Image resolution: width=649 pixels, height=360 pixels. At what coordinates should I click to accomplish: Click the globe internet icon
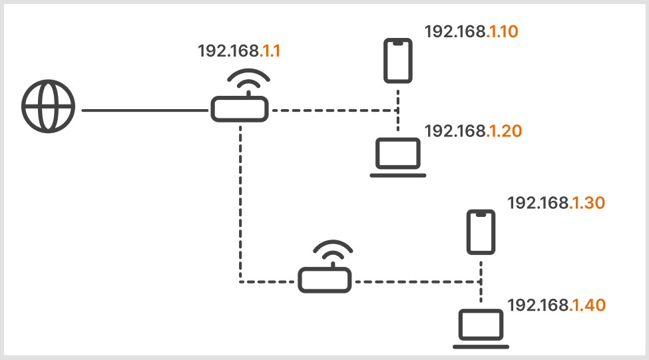click(49, 107)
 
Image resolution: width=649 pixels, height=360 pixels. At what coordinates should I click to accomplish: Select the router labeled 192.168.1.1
click(240, 108)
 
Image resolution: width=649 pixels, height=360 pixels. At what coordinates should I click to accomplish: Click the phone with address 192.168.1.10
click(397, 61)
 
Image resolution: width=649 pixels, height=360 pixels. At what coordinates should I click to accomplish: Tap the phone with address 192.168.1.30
click(481, 232)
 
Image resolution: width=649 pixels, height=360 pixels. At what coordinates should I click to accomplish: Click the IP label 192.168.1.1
click(239, 52)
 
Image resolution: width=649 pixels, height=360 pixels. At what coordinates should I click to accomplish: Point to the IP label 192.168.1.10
click(471, 31)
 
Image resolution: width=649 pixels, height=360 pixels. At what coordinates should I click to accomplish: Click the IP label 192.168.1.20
click(473, 131)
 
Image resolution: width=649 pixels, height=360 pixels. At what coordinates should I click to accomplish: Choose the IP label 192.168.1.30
click(556, 203)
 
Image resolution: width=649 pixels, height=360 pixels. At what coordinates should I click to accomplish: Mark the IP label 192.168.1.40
click(556, 305)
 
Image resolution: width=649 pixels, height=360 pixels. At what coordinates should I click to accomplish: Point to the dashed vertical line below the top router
click(240, 200)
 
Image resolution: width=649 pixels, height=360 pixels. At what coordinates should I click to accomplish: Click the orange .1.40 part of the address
click(588, 305)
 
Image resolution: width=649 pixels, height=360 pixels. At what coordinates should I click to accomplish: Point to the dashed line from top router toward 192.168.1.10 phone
click(333, 110)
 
